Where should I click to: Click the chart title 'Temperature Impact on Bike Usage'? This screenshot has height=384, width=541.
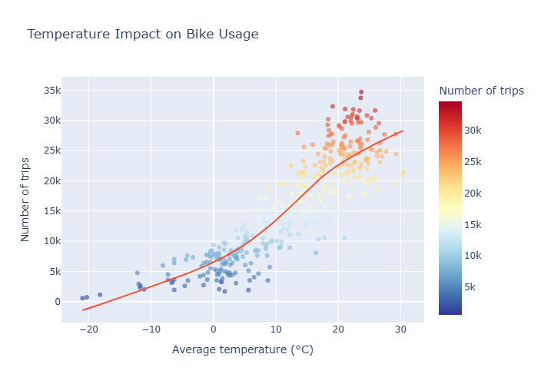143,35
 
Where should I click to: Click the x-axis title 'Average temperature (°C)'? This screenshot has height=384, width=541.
243,350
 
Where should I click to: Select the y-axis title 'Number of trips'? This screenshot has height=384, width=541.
25,197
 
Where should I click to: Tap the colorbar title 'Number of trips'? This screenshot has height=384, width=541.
481,91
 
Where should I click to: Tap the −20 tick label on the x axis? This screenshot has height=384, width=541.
88,329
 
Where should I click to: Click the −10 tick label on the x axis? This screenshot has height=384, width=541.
151,329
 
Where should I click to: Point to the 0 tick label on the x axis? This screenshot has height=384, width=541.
214,329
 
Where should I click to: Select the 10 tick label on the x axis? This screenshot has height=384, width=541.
276,329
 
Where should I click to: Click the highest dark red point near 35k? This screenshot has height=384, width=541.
361,93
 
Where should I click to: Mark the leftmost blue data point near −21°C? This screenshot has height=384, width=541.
82,298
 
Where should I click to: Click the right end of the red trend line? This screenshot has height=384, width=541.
403,131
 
